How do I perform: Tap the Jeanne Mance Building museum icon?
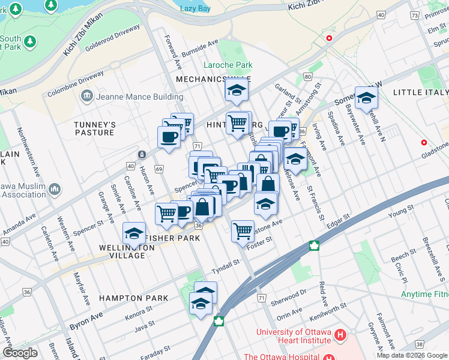(87, 97)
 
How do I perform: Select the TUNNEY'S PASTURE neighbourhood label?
(94, 128)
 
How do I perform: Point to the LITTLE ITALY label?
(420, 92)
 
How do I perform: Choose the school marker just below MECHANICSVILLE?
(237, 91)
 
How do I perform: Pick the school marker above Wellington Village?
(134, 233)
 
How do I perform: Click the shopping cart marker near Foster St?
(243, 230)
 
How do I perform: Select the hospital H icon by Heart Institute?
(340, 334)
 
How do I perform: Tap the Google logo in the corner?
(20, 353)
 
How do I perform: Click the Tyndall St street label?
(225, 262)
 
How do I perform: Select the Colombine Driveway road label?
(76, 83)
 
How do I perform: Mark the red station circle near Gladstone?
(424, 143)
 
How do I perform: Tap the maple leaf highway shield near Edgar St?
(313, 245)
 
